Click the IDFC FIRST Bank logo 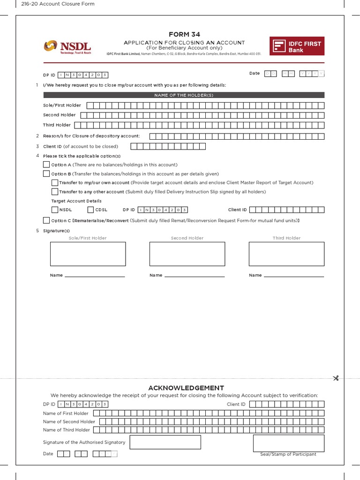[x=297, y=46]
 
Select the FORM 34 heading [x=184, y=35]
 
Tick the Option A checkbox [x=46, y=165]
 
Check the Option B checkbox [x=46, y=173]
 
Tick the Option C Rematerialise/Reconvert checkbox [x=46, y=220]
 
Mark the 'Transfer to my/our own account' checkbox [x=55, y=183]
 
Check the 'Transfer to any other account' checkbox [x=55, y=192]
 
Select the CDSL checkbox [x=91, y=210]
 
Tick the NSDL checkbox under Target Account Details [x=55, y=210]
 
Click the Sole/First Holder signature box [x=88, y=254]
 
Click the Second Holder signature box [x=187, y=254]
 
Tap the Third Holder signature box [x=286, y=254]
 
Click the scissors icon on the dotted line [x=336, y=378]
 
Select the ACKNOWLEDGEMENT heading [x=186, y=388]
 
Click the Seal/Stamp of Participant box [x=288, y=443]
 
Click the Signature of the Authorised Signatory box [x=165, y=442]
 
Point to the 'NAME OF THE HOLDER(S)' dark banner [x=184, y=95]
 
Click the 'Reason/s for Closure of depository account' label [x=91, y=136]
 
